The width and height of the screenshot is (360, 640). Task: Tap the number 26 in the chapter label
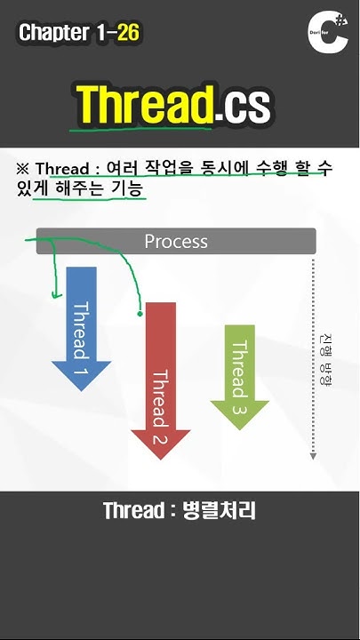pos(127,34)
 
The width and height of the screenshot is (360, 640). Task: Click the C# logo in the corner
pos(326,36)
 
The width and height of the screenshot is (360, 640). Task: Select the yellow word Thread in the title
pos(144,105)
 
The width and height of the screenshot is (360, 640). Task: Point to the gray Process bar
pos(176,241)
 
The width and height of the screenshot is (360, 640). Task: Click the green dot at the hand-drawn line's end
pos(140,313)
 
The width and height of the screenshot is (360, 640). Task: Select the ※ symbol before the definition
pos(23,169)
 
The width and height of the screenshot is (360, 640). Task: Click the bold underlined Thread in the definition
pos(62,169)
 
